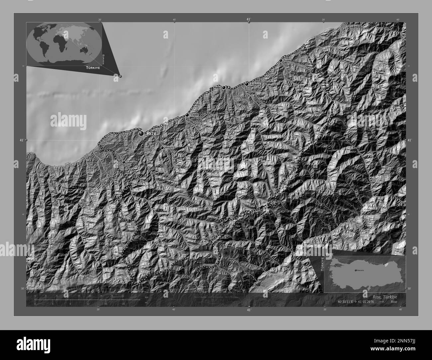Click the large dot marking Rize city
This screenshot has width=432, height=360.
142,133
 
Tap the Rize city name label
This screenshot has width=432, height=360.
152,133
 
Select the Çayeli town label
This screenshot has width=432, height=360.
194,115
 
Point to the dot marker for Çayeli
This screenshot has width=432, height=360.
187,115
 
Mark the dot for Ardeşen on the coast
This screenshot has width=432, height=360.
247,84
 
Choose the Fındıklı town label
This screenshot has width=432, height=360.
287,60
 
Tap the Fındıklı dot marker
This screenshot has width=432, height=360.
281,60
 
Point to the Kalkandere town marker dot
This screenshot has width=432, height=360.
124,162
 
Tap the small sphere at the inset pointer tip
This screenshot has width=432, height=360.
120,76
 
